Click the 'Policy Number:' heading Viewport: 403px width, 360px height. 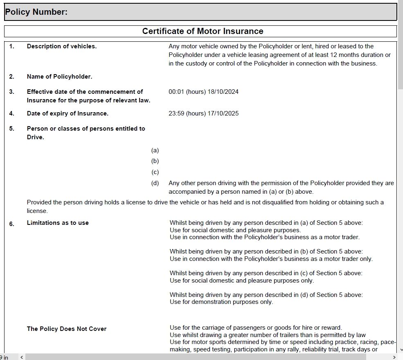36,12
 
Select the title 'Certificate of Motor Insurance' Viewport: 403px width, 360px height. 203,31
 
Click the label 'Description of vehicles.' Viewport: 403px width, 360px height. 62,46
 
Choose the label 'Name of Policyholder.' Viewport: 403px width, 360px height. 59,77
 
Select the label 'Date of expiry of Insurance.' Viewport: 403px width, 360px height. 68,113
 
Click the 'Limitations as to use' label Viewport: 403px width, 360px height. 58,223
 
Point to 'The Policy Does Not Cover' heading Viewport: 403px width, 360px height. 67,329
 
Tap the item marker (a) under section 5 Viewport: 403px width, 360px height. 155,150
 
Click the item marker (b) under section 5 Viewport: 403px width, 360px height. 155,161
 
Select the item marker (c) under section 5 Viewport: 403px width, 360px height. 155,172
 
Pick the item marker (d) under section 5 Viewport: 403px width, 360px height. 155,183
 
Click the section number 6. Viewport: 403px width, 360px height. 12,224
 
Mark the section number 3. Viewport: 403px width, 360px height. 12,92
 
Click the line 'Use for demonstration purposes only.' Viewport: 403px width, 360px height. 221,302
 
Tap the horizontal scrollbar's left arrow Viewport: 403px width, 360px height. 22,357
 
